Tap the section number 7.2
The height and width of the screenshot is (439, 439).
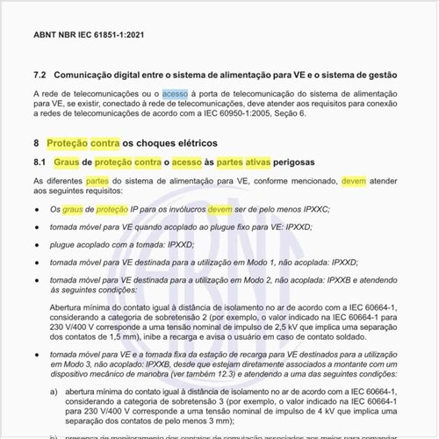pyautogui.click(x=40, y=76)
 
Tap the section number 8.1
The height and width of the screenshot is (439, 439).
pyautogui.click(x=40, y=162)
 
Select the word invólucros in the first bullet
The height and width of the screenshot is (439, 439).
pyautogui.click(x=184, y=210)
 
